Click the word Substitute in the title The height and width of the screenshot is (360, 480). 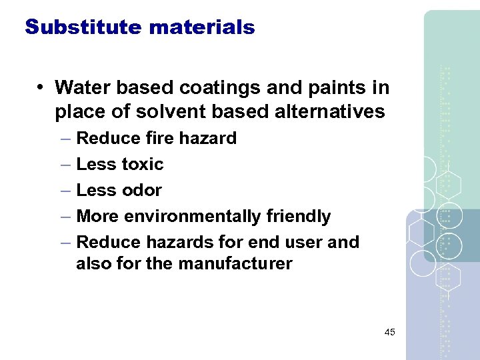pos(83,27)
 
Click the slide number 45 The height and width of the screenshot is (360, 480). pos(389,332)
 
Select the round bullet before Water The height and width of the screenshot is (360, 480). pos(41,87)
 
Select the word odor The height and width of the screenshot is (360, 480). pos(141,190)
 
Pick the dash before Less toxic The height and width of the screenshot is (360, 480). pos(65,165)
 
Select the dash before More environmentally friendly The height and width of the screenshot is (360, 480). pos(65,217)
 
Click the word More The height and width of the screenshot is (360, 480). pos(97,217)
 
